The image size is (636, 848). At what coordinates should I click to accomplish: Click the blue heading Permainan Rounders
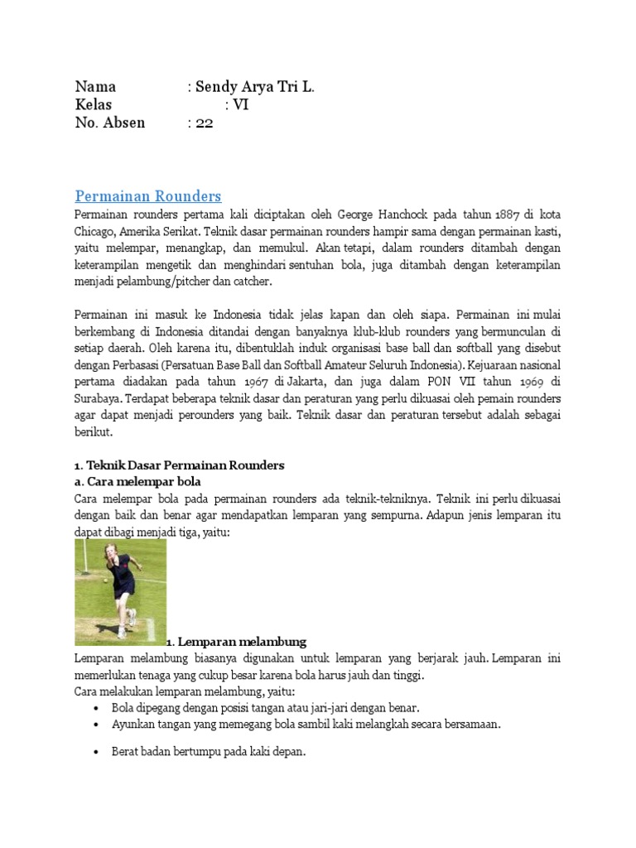click(148, 196)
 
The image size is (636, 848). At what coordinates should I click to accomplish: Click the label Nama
click(95, 86)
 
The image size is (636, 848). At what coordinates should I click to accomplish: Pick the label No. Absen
click(109, 123)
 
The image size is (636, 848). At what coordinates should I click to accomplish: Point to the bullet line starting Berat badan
click(209, 752)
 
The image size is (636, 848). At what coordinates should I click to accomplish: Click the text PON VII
click(442, 381)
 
